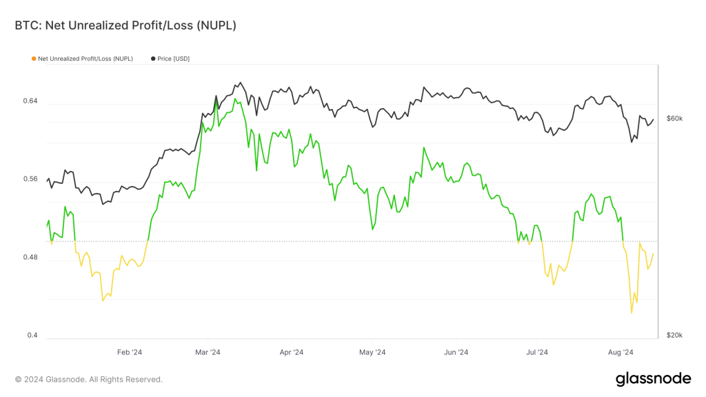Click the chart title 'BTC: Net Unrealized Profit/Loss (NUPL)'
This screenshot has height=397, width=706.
point(125,26)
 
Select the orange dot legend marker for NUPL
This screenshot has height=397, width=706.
point(33,59)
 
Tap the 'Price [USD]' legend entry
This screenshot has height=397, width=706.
point(173,59)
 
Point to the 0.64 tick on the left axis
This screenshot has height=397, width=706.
point(30,101)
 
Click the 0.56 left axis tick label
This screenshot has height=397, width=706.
point(30,179)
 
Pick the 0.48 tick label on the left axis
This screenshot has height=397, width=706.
point(30,258)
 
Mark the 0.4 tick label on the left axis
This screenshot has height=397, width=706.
point(32,336)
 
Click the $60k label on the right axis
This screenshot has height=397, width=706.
point(674,119)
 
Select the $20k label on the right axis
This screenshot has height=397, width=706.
point(674,336)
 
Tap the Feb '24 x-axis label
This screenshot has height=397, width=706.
point(129,352)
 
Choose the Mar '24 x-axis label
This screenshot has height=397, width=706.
point(208,352)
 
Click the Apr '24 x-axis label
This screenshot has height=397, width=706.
point(291,352)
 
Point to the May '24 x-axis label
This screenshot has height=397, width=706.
point(372,352)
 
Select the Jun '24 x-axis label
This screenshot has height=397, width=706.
point(456,352)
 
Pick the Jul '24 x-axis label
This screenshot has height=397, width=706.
point(536,352)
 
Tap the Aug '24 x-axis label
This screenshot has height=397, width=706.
point(621,352)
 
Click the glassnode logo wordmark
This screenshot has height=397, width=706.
point(652,378)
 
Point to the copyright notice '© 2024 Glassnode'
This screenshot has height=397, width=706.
point(89,379)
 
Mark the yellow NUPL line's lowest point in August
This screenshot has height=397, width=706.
point(631,313)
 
